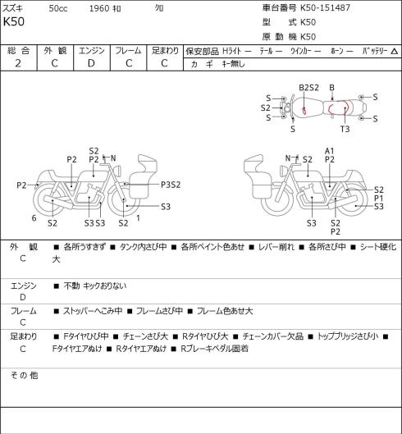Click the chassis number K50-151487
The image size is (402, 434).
click(x=326, y=7)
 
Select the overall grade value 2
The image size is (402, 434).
click(x=18, y=63)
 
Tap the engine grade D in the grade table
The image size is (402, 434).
click(x=91, y=63)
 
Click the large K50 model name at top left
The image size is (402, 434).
click(x=14, y=21)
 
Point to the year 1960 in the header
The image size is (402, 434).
click(x=99, y=8)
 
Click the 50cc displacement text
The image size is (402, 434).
click(x=58, y=8)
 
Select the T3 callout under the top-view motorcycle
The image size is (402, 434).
click(x=345, y=129)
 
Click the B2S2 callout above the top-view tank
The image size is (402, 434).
click(x=308, y=88)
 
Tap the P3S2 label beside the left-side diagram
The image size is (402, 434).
click(x=171, y=185)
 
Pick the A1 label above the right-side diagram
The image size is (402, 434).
click(x=330, y=151)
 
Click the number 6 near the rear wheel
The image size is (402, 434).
click(x=34, y=218)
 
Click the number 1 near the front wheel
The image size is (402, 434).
click(x=138, y=218)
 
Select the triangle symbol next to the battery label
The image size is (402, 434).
click(x=395, y=51)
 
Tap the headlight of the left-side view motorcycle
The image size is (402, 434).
click(x=118, y=170)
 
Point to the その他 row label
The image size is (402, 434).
click(x=24, y=375)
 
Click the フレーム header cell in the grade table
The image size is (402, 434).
click(x=128, y=51)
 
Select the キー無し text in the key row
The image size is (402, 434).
click(x=233, y=64)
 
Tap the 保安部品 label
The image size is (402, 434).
click(x=202, y=51)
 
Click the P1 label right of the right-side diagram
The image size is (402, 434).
click(x=379, y=199)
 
